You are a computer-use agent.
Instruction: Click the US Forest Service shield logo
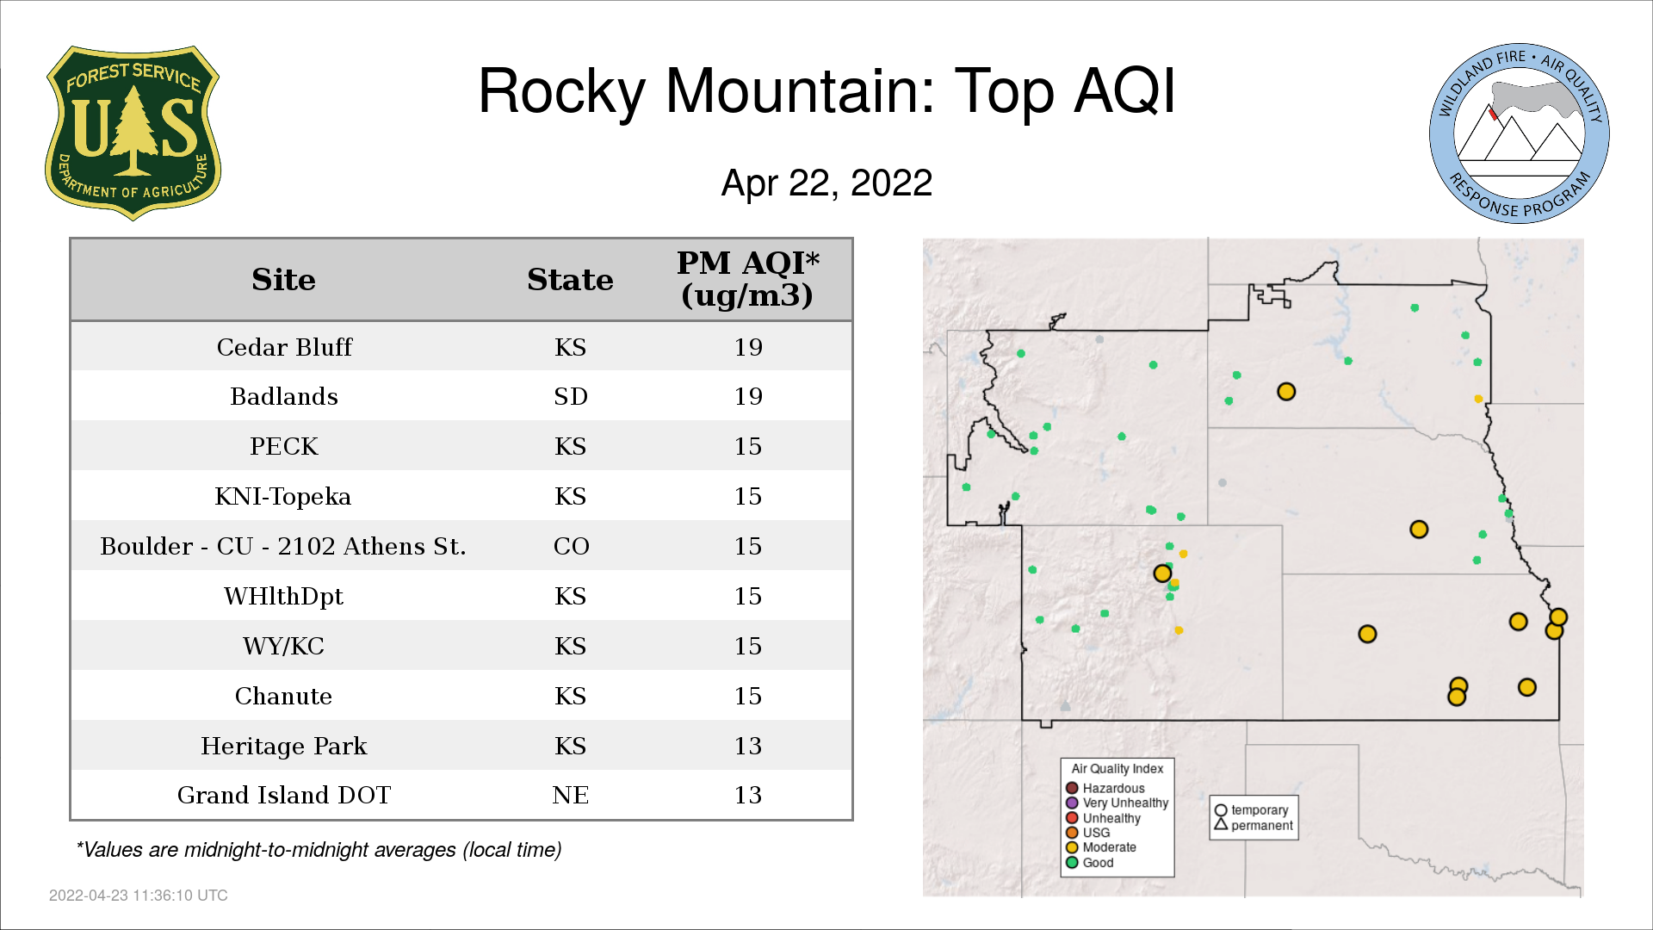coord(133,133)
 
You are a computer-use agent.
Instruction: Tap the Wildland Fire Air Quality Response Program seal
coord(1520,133)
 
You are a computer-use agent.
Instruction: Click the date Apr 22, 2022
coord(826,183)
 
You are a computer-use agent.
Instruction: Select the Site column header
coord(283,280)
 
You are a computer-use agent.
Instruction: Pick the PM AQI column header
coord(747,279)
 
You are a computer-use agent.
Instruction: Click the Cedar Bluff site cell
coord(284,347)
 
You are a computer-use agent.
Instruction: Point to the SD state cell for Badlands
coord(571,397)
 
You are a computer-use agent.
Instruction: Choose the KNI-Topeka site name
coord(283,497)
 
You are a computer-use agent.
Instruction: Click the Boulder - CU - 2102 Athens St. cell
coord(283,547)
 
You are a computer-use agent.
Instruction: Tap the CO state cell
coord(571,547)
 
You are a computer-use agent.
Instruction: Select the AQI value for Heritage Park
coord(748,746)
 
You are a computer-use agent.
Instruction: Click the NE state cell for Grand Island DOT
coord(571,795)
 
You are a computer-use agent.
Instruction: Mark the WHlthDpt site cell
coord(283,596)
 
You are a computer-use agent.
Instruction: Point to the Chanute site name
coord(283,696)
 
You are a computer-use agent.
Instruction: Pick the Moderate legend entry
coord(1101,847)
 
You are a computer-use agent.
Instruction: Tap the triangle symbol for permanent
coord(1221,824)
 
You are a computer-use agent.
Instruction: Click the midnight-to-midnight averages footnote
coord(319,850)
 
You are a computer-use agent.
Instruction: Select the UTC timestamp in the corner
coord(139,896)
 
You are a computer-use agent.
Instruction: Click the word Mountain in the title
coord(801,91)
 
